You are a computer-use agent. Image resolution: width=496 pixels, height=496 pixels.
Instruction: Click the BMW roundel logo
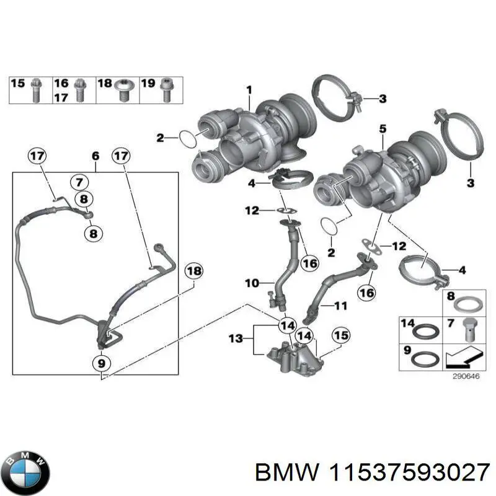tap(25, 471)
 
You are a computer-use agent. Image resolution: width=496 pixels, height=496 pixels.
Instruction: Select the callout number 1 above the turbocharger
tap(249, 91)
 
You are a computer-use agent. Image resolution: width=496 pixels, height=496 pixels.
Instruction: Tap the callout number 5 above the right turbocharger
tap(383, 128)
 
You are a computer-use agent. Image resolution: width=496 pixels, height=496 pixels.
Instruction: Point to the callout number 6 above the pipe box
tap(95, 156)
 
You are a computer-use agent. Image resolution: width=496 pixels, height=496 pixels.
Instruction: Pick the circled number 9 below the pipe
tap(101, 362)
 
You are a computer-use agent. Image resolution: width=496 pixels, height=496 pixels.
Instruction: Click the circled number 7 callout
tap(79, 182)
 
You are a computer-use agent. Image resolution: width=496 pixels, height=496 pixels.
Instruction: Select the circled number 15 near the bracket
tap(339, 335)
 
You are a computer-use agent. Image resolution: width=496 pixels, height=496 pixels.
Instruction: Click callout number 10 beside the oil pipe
tap(251, 284)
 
